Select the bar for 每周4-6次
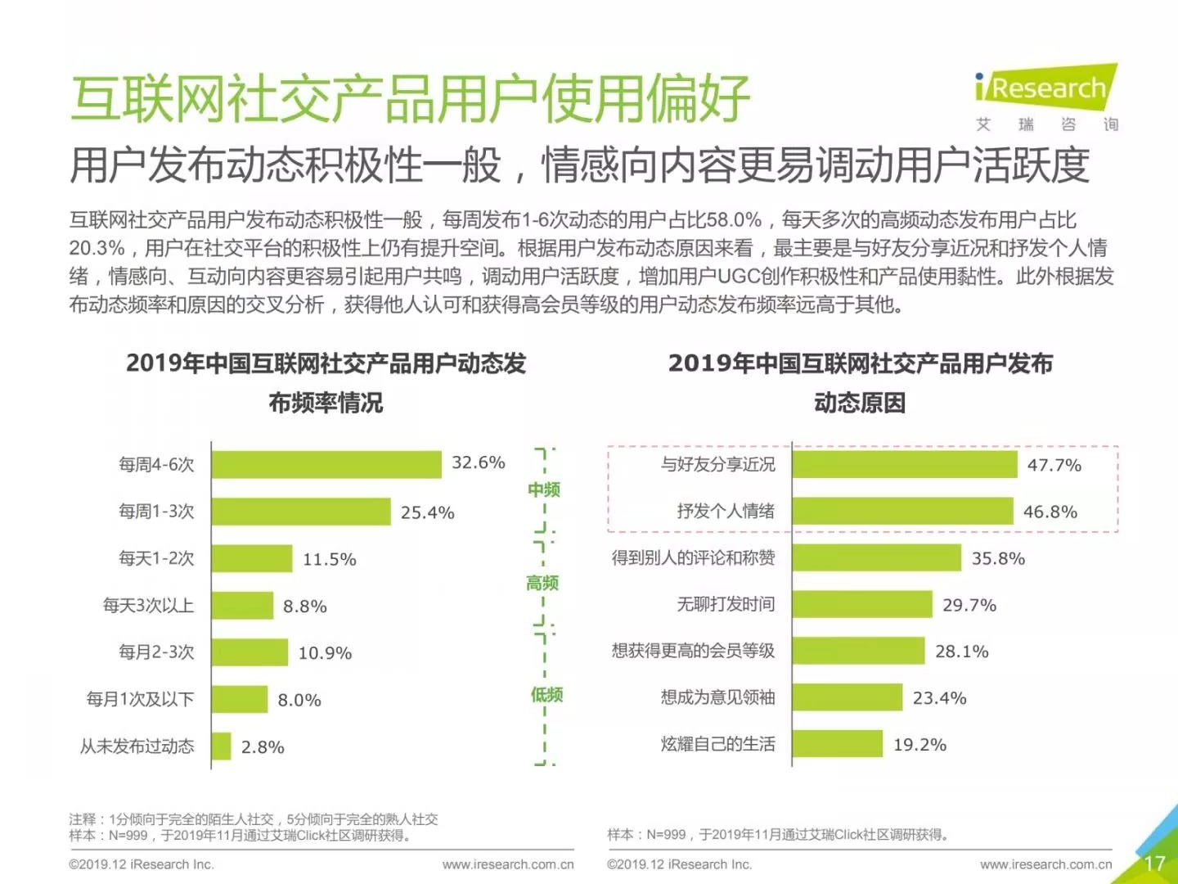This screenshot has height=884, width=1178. pos(326,464)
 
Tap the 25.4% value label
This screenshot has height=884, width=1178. pos(427,512)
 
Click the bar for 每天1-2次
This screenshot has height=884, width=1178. pos(252,558)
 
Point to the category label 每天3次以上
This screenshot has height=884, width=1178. pos(148,606)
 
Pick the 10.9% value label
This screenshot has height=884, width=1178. pos(325,653)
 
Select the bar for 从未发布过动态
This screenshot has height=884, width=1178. pos(222,746)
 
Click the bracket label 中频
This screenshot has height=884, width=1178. pos(544,489)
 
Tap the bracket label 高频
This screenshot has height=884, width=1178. pos(542,583)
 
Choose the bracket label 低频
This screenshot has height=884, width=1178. pos(546,695)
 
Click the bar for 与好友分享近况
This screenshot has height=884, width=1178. pos(904,464)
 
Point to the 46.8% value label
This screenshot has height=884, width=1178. pos(1050,512)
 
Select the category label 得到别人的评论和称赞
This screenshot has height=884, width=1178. pos(693,558)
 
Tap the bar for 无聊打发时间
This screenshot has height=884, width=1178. pos(862,605)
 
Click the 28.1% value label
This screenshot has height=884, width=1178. pos(962,652)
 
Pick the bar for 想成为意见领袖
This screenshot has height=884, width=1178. pos(848,697)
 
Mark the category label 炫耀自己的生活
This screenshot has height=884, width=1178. pos(717,744)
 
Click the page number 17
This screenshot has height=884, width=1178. pos(1154,864)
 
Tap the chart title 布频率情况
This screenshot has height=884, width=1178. pos(326,403)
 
